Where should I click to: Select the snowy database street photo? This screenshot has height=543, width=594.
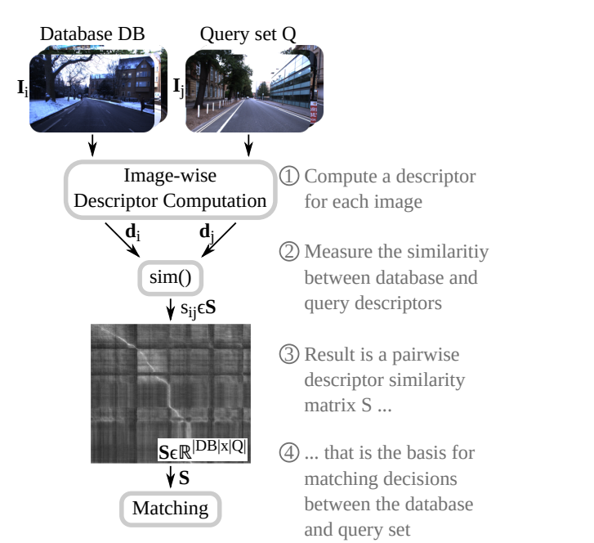point(96,88)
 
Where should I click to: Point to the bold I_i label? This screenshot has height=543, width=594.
point(23,87)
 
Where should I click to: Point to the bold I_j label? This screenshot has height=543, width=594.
point(177,87)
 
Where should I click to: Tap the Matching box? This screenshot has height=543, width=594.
point(171,508)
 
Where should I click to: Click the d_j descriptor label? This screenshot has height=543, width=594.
point(207,233)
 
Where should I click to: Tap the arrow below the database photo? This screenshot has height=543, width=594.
point(93,144)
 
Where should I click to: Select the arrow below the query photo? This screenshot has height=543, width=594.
point(248,144)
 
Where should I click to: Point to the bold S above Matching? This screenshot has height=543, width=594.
point(184,475)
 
